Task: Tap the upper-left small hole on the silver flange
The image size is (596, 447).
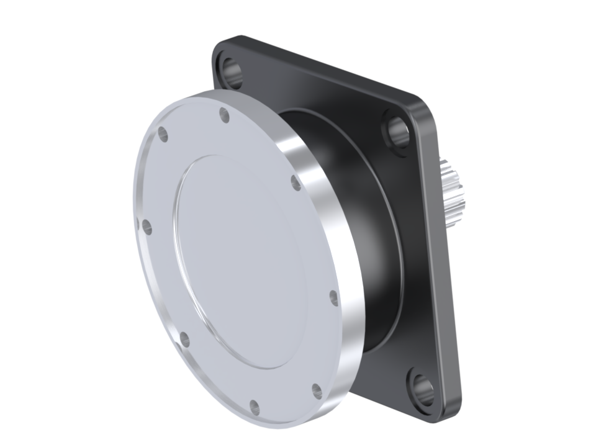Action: [163, 134]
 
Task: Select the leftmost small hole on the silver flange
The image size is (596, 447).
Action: [147, 227]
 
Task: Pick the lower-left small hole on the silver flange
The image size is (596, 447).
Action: [184, 339]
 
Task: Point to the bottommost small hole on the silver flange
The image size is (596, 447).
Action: [254, 407]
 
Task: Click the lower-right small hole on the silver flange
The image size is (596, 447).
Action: [317, 391]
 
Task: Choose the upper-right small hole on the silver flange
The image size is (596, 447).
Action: [296, 183]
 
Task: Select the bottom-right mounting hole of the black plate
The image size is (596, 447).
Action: [423, 389]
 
